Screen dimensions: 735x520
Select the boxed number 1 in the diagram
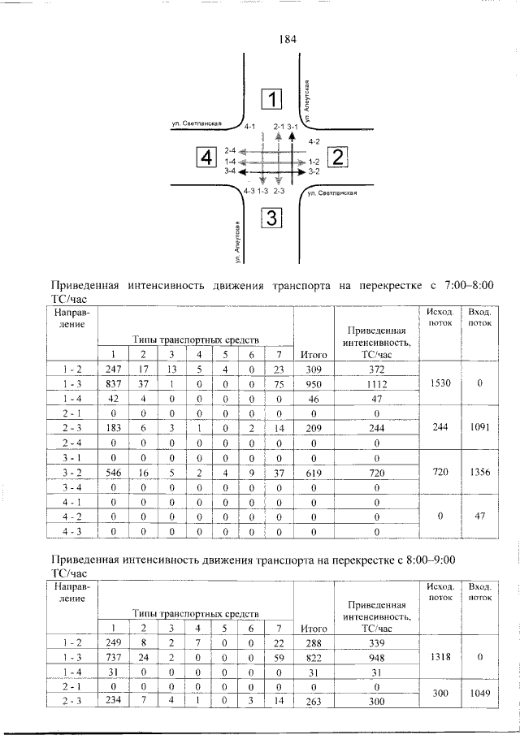point(271,99)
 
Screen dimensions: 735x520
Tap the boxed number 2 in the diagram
point(336,156)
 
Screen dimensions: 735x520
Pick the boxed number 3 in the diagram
point(271,217)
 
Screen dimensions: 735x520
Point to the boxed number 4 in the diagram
point(207,156)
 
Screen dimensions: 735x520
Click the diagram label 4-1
point(249,128)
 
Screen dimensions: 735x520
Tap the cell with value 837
point(113,384)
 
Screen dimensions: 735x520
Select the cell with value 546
point(113,472)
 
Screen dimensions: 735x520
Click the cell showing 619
point(313,472)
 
